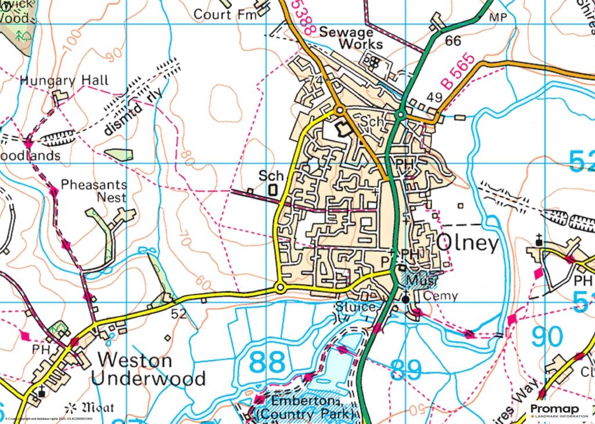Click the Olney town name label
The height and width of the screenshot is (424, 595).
(x=467, y=243)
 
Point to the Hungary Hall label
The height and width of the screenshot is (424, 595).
(x=64, y=80)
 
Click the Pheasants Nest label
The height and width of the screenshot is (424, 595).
(x=94, y=191)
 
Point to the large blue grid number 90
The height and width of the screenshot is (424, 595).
(x=547, y=337)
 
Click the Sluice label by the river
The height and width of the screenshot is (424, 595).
(x=354, y=306)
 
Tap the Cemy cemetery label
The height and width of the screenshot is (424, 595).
(x=441, y=296)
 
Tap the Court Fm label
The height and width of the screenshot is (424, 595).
(x=225, y=14)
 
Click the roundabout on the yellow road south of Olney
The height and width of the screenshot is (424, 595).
(x=280, y=288)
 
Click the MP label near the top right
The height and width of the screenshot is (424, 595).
(x=498, y=17)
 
